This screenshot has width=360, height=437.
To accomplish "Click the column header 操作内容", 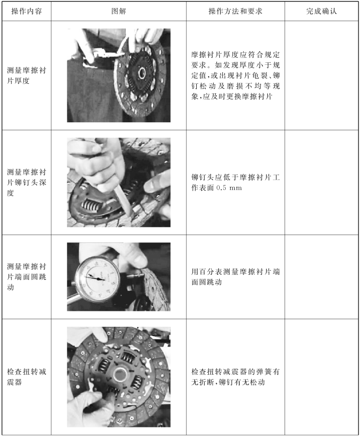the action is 26,11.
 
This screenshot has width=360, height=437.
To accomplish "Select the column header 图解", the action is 119,11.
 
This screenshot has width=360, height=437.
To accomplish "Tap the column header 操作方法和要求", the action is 235,11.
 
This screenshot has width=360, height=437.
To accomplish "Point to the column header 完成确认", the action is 322,11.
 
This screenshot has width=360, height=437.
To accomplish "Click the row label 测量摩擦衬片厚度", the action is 26,75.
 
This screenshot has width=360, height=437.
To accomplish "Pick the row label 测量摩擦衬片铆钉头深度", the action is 26,183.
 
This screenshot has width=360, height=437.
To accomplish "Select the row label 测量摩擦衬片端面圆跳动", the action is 26,277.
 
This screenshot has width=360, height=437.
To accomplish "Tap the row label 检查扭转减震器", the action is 26,377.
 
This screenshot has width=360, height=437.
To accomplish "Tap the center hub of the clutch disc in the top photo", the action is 142,73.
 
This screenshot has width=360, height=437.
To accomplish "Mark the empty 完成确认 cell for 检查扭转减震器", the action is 322,377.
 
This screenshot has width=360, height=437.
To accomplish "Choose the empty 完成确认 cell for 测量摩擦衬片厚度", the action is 322,75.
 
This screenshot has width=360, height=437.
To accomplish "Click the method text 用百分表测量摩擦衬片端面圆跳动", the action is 235,277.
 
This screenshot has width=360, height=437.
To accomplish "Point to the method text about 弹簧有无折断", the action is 235,377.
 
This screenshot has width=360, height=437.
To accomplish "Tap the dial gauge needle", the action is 95,277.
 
